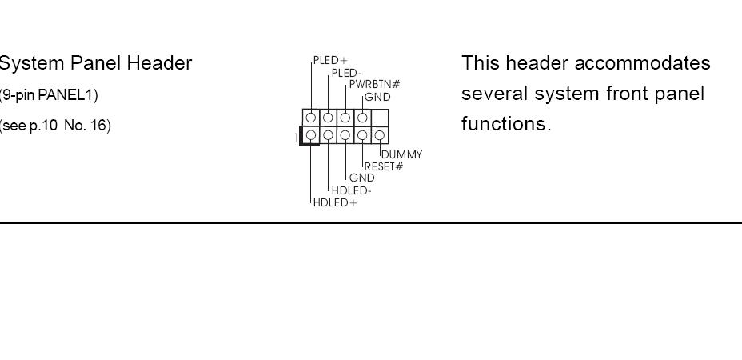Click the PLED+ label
(x=330, y=60)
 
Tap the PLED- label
(x=346, y=74)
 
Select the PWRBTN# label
(x=369, y=85)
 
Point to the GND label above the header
(x=377, y=97)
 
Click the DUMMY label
(x=401, y=154)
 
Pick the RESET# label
(x=384, y=166)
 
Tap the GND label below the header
(x=361, y=178)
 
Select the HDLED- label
(x=351, y=190)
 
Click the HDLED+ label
(x=335, y=202)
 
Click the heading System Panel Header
(x=95, y=63)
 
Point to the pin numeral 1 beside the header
(x=296, y=138)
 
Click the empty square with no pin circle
(x=381, y=118)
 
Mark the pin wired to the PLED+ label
(x=311, y=118)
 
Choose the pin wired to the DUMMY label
(x=381, y=135)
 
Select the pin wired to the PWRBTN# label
(x=345, y=118)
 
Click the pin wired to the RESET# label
(x=363, y=135)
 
